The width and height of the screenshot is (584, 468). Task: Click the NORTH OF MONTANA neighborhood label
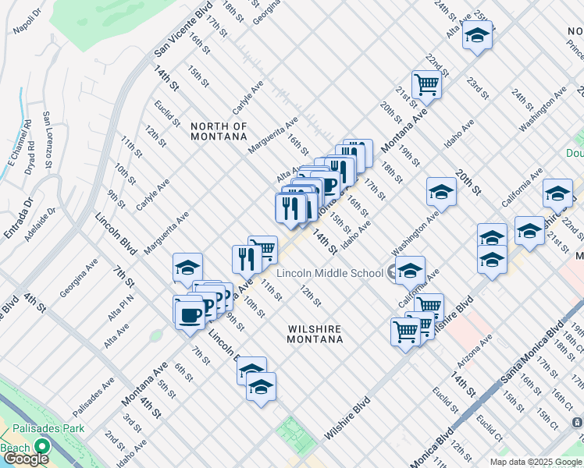[219, 131]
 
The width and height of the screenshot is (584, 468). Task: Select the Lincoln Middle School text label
[331, 272]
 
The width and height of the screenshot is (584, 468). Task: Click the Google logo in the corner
[26, 459]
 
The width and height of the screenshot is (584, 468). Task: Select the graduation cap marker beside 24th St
[477, 35]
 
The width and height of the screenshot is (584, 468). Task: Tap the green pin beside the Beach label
[40, 448]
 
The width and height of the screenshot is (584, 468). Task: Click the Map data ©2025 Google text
[536, 462]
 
